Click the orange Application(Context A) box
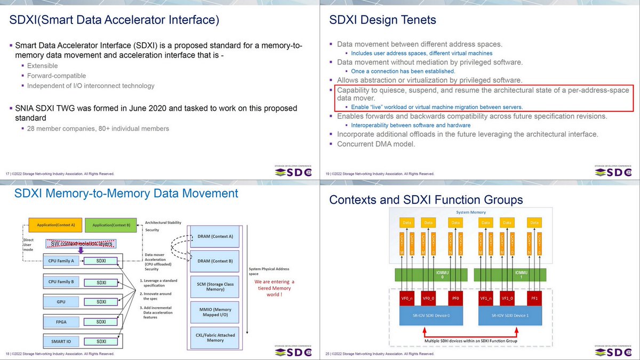[56, 225]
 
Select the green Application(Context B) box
[112, 225]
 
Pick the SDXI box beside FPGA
[101, 322]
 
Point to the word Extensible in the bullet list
[43, 66]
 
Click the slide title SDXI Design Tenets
[382, 20]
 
